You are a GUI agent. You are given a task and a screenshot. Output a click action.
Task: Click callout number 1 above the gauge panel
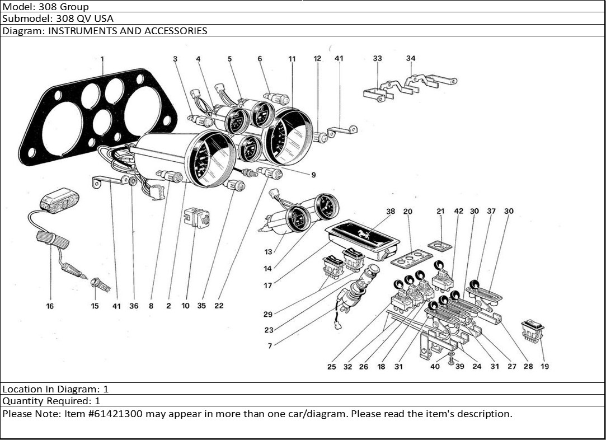pyautogui.click(x=102, y=59)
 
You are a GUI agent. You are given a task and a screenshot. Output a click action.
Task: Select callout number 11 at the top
pyautogui.click(x=292, y=59)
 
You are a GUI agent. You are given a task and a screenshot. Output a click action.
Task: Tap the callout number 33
pyautogui.click(x=378, y=58)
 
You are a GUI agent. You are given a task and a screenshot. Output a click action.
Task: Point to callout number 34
pyautogui.click(x=411, y=58)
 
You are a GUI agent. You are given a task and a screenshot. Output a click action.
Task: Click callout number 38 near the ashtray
pyautogui.click(x=391, y=212)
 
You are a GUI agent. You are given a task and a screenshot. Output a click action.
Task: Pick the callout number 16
pyautogui.click(x=50, y=306)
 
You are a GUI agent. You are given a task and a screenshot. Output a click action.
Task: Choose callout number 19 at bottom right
pyautogui.click(x=544, y=367)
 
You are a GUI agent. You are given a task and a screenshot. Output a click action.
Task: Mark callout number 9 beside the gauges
pyautogui.click(x=313, y=175)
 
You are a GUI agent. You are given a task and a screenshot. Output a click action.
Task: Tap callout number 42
pyautogui.click(x=459, y=212)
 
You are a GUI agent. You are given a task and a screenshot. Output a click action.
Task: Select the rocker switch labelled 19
pyautogui.click(x=533, y=330)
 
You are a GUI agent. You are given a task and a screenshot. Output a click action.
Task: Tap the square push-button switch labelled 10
pyautogui.click(x=196, y=217)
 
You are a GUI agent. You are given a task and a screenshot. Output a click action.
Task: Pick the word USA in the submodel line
pyautogui.click(x=104, y=18)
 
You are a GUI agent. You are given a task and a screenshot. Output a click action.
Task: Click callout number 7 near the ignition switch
pyautogui.click(x=270, y=346)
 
